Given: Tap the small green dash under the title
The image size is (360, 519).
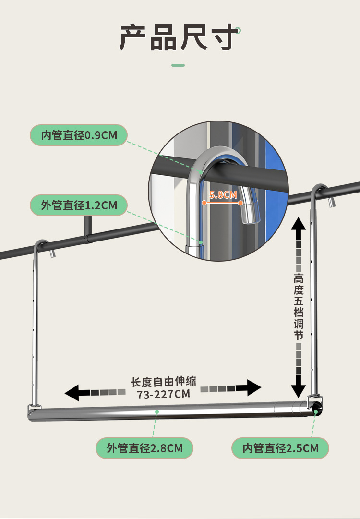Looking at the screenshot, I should coord(178,65).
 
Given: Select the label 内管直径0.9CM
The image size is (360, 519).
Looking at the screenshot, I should coord(79,135).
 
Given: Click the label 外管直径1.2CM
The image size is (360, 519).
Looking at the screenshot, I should coord(79,205).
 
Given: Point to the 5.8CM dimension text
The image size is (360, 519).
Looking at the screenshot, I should coord(223,194).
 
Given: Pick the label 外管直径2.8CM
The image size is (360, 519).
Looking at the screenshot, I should coord(144,448).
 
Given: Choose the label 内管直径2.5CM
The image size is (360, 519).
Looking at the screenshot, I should coord(280,448).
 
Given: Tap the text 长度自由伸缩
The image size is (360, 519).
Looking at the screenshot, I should coord(164,382).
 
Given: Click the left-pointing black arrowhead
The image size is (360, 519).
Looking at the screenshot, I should coord(72,392).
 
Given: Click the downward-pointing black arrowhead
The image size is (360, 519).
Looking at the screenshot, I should coord(299,387).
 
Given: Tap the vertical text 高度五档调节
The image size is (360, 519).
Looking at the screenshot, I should coord(299,307).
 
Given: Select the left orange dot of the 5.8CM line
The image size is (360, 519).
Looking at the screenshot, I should coord(204,203).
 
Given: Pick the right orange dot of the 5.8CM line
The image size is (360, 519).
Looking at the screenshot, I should coord(240,203).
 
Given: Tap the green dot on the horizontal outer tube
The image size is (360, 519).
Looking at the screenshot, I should coord(157,412).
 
